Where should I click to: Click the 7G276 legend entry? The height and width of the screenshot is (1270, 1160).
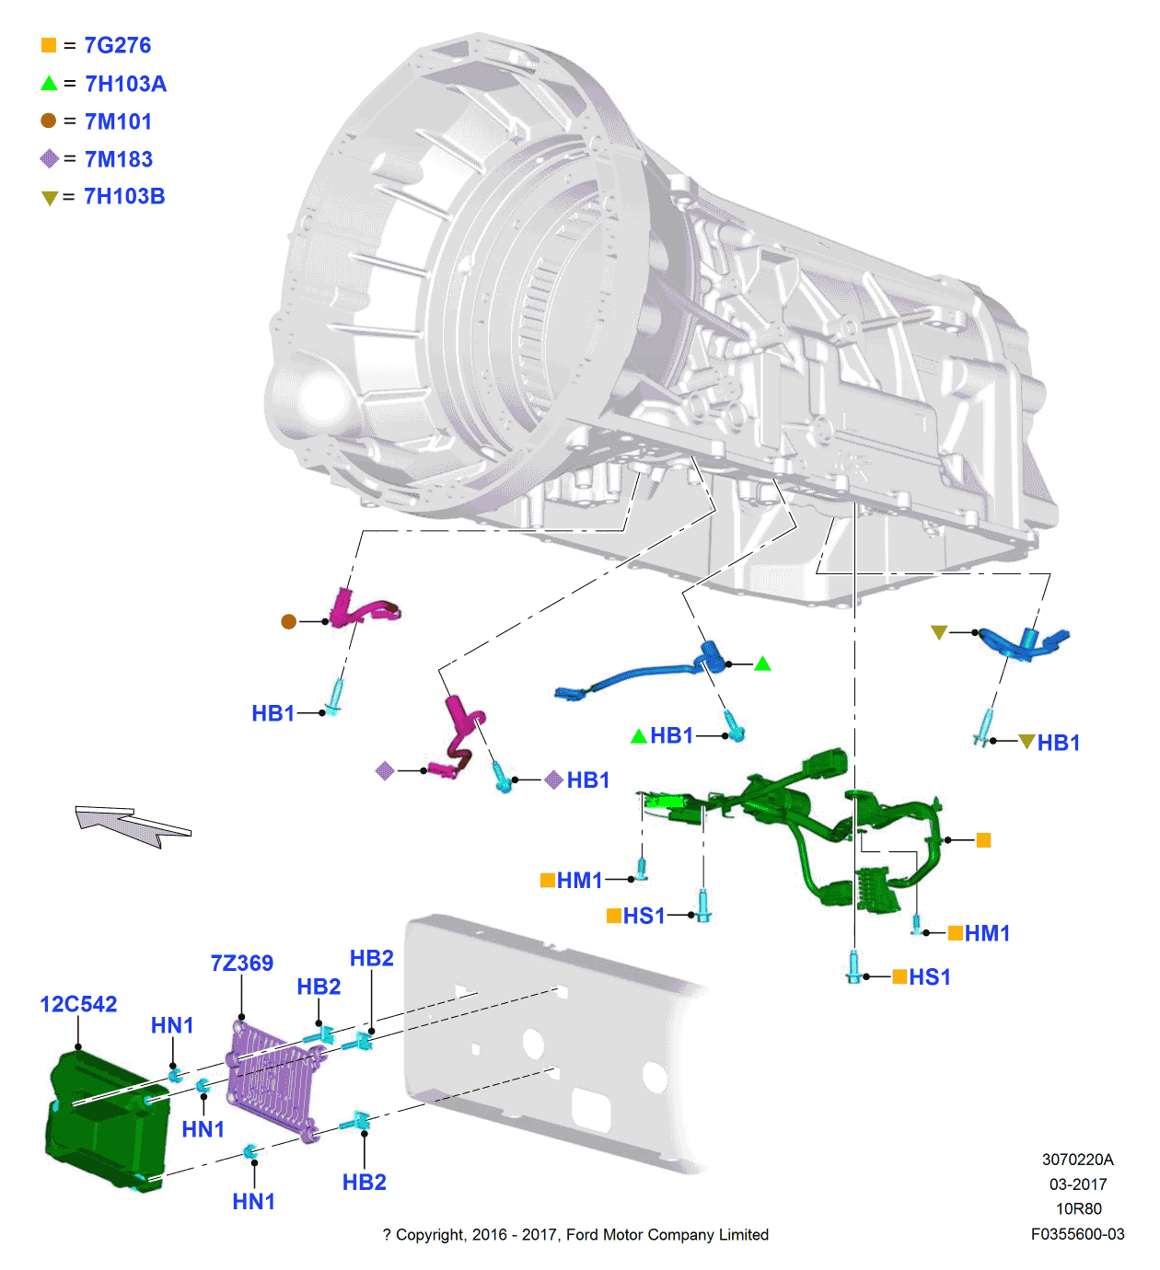pyautogui.click(x=117, y=45)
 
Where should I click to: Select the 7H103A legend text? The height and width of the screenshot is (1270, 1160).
pyautogui.click(x=125, y=84)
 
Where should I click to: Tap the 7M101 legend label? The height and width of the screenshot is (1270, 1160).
pyautogui.click(x=118, y=121)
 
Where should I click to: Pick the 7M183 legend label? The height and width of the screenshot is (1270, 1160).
pyautogui.click(x=118, y=159)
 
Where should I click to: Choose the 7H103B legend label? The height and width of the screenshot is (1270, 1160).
pyautogui.click(x=124, y=196)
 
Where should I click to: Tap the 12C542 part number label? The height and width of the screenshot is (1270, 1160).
pyautogui.click(x=78, y=1004)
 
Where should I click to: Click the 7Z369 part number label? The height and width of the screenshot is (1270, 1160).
pyautogui.click(x=241, y=964)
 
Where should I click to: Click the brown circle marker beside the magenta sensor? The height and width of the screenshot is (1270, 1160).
pyautogui.click(x=288, y=621)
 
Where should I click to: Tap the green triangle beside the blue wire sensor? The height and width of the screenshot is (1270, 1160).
pyautogui.click(x=762, y=664)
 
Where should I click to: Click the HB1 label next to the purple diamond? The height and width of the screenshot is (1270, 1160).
pyautogui.click(x=587, y=780)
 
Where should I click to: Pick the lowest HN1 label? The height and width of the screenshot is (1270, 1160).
pyautogui.click(x=253, y=1201)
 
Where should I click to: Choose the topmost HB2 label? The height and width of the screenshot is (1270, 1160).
pyautogui.click(x=371, y=958)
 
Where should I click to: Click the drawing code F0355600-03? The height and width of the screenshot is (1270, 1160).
pyautogui.click(x=1077, y=1234)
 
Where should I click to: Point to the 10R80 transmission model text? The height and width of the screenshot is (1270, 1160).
pyautogui.click(x=1078, y=1208)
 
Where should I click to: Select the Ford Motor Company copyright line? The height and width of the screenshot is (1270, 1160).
pyautogui.click(x=575, y=1234)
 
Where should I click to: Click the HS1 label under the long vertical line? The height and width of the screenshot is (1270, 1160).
pyautogui.click(x=929, y=977)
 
